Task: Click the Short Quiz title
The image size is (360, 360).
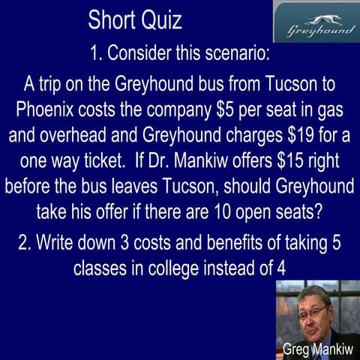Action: (135, 20)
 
